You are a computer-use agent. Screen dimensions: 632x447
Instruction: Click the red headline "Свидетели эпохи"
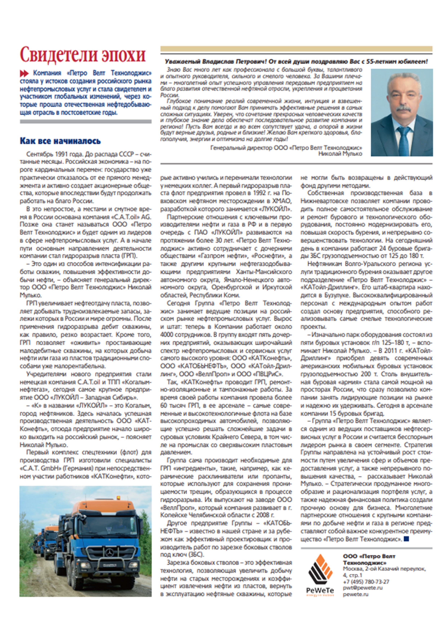coord(83,55)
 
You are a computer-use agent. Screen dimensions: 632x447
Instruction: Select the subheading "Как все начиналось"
coord(60,141)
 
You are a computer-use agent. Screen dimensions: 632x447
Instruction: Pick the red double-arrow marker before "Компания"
coord(24,73)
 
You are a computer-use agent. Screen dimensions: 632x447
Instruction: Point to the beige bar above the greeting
coord(296,49)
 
